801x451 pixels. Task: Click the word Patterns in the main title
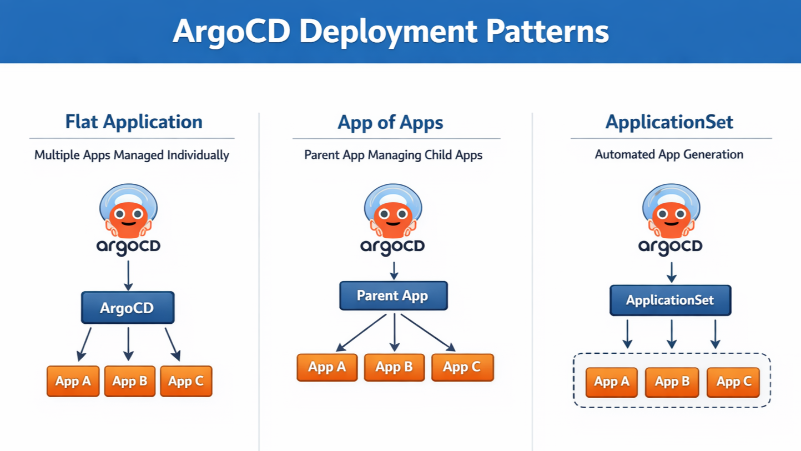tap(547, 32)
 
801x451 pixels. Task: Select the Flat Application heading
tap(134, 122)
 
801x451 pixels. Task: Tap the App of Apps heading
tap(390, 122)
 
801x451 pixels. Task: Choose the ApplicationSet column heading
tap(669, 122)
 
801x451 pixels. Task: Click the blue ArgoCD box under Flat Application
tap(128, 308)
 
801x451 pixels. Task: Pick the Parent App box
tap(394, 295)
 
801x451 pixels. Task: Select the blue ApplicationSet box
tap(671, 300)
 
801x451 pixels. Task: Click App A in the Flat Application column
tap(73, 381)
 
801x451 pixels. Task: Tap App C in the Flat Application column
tap(186, 381)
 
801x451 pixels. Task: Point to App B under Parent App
tap(394, 367)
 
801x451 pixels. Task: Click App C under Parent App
tap(462, 367)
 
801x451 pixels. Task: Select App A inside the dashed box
tap(612, 382)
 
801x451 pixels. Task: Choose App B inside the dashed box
tap(672, 382)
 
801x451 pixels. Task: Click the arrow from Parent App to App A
tap(361, 333)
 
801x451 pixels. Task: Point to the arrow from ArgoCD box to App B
tap(128, 344)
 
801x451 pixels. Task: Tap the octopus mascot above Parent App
tap(393, 211)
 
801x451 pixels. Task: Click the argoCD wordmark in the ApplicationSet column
tap(671, 247)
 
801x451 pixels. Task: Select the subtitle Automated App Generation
tap(669, 154)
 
